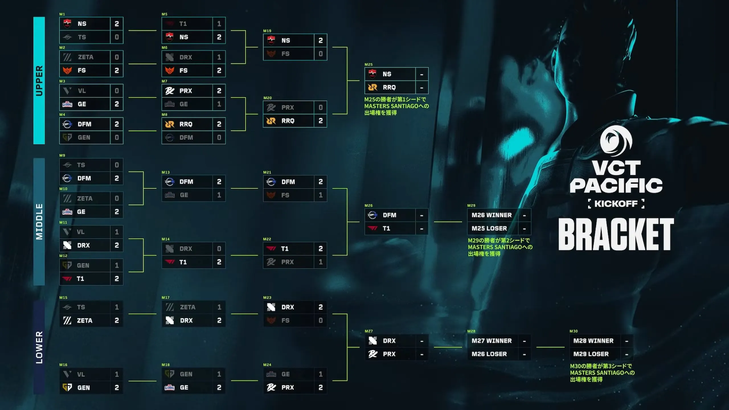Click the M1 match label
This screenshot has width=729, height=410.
62,14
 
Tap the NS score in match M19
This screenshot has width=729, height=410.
321,40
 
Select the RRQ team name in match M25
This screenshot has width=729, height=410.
389,87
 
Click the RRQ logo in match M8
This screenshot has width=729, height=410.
170,124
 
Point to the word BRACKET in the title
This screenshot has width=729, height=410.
616,234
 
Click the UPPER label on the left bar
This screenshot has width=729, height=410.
39,81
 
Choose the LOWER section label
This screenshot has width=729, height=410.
39,347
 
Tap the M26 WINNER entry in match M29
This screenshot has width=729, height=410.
492,215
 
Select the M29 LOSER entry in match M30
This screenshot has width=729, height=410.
591,354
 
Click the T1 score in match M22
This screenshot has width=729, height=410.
321,249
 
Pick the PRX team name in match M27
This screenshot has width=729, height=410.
389,354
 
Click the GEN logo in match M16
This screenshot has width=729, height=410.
67,388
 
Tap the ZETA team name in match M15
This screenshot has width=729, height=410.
85,321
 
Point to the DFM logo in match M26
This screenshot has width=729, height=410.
372,215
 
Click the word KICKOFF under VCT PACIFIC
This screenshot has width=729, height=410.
616,204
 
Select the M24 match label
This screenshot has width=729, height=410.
267,365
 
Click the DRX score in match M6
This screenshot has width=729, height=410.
219,57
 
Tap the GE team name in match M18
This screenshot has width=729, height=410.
184,388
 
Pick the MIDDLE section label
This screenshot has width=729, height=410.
39,222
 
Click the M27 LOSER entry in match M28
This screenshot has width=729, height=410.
492,341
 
